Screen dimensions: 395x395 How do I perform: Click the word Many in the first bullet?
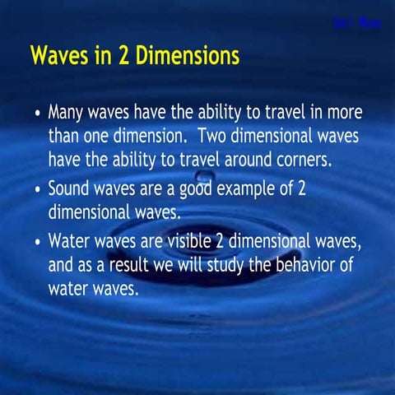(68, 113)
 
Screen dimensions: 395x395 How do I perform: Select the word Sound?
(72, 188)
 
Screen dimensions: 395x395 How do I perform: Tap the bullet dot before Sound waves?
(36, 189)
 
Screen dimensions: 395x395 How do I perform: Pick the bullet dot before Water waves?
(36, 244)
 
